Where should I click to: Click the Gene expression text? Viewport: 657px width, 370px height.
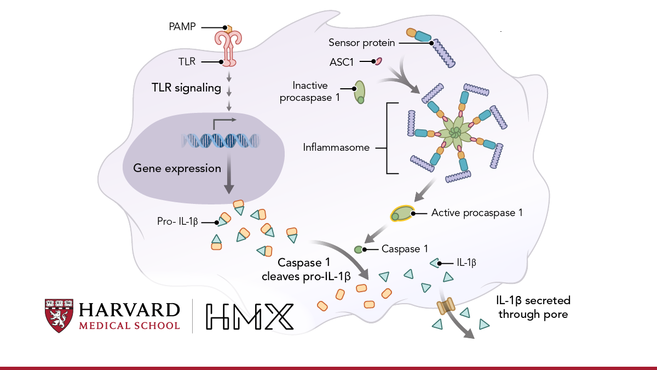tap(177, 168)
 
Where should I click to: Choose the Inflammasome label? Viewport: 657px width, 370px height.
tap(336, 147)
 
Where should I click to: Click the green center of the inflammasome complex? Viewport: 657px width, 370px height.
tap(454, 133)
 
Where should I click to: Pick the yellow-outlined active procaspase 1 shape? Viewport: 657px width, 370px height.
tap(402, 214)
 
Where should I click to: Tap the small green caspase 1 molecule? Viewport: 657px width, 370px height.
tap(358, 249)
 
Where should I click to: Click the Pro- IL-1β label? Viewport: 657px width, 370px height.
tap(177, 223)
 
